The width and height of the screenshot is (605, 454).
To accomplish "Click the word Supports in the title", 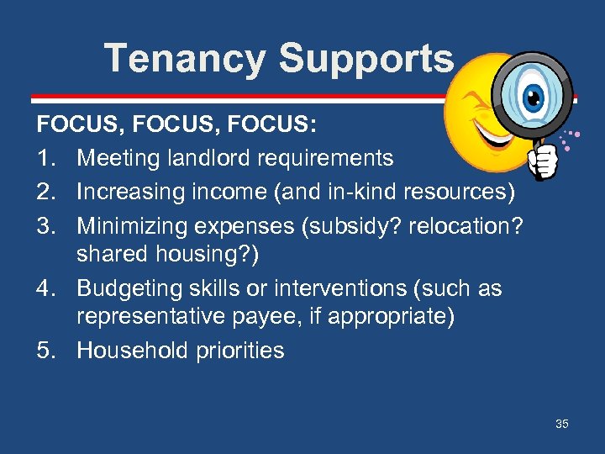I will [x=366, y=59].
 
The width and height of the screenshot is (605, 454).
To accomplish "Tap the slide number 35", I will [x=561, y=424].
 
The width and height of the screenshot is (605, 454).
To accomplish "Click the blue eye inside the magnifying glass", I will [x=532, y=98].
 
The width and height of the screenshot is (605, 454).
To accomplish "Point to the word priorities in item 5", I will [x=241, y=351].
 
